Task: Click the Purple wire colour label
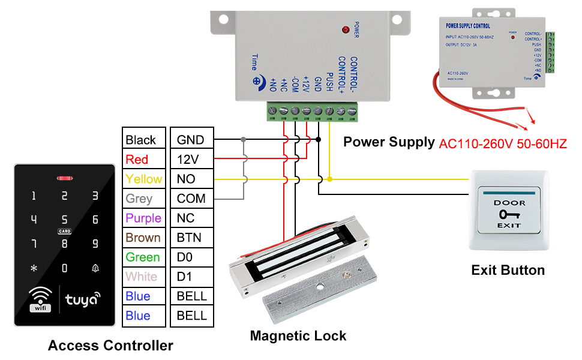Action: pyautogui.click(x=143, y=218)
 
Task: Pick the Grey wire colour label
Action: pyautogui.click(x=139, y=199)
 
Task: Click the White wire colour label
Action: pyautogui.click(x=142, y=277)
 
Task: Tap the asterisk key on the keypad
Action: pyautogui.click(x=34, y=268)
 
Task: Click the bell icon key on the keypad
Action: pyautogui.click(x=95, y=268)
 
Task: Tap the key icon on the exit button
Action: pyautogui.click(x=509, y=214)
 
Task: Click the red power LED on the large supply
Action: pyautogui.click(x=346, y=29)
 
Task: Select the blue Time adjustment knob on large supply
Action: pyautogui.click(x=257, y=81)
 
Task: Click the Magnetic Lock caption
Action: pyautogui.click(x=298, y=335)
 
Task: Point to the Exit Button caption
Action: pyautogui.click(x=508, y=270)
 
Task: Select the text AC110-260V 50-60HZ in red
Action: pyautogui.click(x=503, y=144)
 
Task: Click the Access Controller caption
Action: pyautogui.click(x=110, y=346)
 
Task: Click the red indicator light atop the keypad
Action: pyautogui.click(x=64, y=178)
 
